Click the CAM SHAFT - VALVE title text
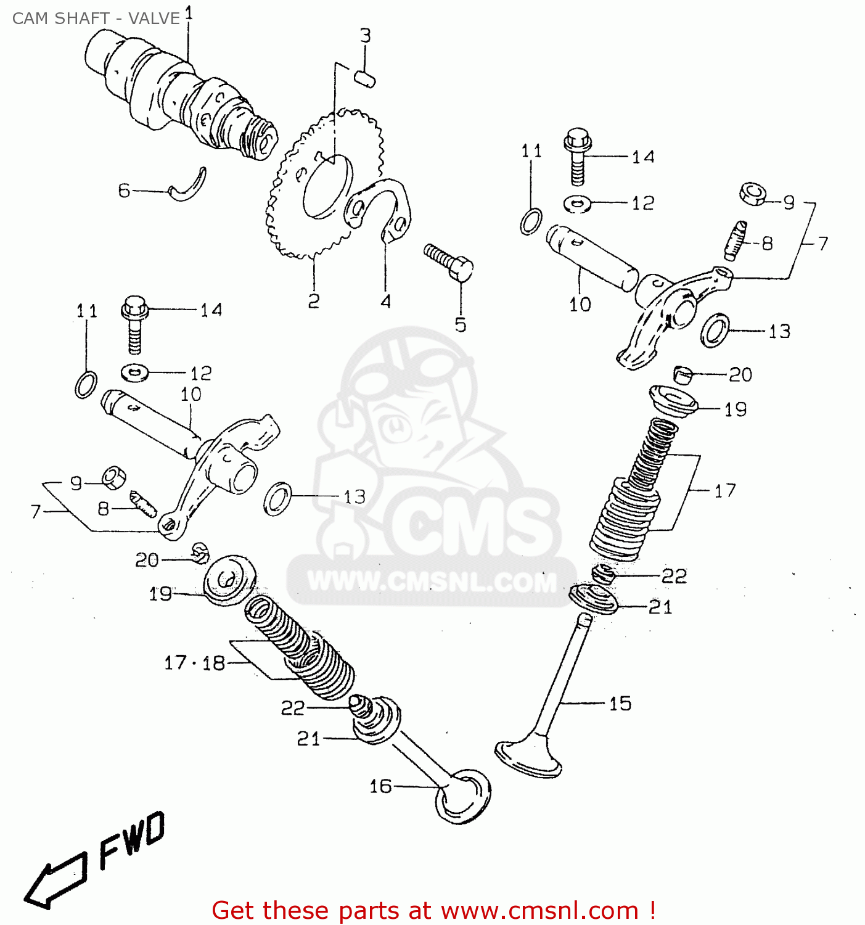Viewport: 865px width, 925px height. tap(96, 18)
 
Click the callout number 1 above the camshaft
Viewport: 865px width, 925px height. tap(189, 13)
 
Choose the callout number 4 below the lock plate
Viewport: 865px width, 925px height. tap(385, 301)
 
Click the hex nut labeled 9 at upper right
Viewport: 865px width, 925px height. tap(753, 194)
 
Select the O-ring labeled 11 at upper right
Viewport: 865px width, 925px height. tap(531, 221)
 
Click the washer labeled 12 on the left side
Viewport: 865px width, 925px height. tap(135, 372)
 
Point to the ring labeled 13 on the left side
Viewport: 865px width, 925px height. tap(278, 498)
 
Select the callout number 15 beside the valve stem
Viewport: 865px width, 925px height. tap(620, 704)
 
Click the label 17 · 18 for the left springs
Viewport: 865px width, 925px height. tap(194, 663)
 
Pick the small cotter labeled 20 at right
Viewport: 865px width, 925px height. tap(683, 374)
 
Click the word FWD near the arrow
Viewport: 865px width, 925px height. tap(133, 841)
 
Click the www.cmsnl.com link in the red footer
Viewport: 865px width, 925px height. tap(539, 911)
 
